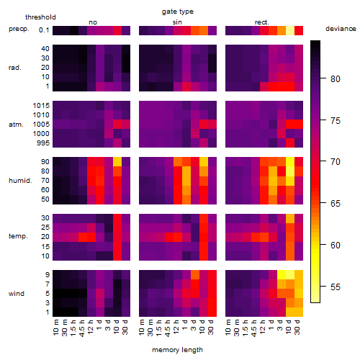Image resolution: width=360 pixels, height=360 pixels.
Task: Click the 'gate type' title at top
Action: pyautogui.click(x=178, y=12)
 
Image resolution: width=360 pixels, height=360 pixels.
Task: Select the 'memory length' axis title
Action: pyautogui.click(x=177, y=350)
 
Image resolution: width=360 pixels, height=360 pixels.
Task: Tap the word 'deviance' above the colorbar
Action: pyautogui.click(x=341, y=29)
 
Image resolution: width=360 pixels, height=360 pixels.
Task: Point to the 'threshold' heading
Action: pyautogui.click(x=40, y=17)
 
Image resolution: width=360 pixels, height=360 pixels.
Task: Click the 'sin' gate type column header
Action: pyautogui.click(x=177, y=22)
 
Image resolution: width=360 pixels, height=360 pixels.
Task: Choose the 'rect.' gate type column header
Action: pyautogui.click(x=261, y=22)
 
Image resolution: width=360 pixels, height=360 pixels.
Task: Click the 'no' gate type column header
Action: pyautogui.click(x=93, y=22)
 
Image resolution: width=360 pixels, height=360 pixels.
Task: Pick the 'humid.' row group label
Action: pyautogui.click(x=20, y=181)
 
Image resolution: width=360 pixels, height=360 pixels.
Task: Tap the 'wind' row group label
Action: pyautogui.click(x=17, y=294)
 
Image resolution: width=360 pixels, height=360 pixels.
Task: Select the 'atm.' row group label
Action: pyautogui.click(x=16, y=125)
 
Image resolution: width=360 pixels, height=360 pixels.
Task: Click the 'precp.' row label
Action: pyautogui.click(x=19, y=29)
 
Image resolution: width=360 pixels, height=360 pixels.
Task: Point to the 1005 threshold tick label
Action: pyautogui.click(x=41, y=125)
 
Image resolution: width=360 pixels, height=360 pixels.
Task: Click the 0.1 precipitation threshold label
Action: pyautogui.click(x=44, y=30)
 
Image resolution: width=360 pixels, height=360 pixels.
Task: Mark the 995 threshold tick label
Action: pyautogui.click(x=43, y=143)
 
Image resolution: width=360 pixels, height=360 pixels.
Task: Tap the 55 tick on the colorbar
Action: pyautogui.click(x=336, y=287)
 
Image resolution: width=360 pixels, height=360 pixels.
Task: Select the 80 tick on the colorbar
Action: pyautogui.click(x=336, y=78)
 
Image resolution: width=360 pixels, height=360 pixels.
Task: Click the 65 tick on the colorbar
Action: pyautogui.click(x=336, y=203)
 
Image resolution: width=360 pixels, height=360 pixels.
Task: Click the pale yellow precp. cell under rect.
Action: pyautogui.click(x=290, y=30)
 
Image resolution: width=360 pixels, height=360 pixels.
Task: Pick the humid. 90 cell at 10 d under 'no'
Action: pyautogui.click(x=117, y=162)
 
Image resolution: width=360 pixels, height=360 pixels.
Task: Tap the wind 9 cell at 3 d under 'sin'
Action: pyautogui.click(x=195, y=275)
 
